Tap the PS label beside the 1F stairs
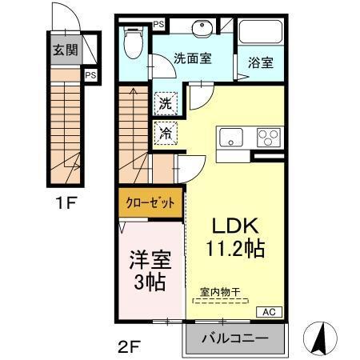(x=91, y=76)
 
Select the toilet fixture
(x=134, y=44)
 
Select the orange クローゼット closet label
(x=150, y=202)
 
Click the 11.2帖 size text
(x=238, y=248)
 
